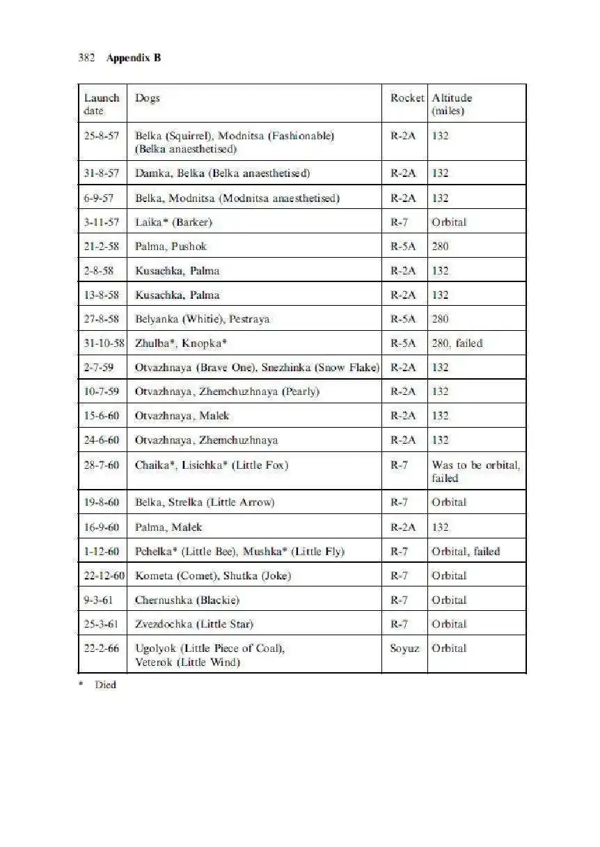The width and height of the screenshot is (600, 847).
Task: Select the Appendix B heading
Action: point(134,58)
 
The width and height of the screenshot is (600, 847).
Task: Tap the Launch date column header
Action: point(101,104)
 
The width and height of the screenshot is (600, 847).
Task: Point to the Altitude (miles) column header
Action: point(452,104)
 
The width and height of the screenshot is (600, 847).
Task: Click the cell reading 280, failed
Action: point(457,343)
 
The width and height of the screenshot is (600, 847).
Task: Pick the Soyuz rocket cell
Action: point(404,648)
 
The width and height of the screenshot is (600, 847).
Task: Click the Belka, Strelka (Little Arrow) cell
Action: point(205,502)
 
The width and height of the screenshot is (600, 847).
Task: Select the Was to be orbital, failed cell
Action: point(475,471)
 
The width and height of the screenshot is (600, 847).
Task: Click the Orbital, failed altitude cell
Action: point(466,552)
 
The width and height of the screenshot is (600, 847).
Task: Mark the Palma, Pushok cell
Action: point(171,247)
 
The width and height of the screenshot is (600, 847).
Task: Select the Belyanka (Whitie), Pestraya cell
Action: point(202,319)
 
